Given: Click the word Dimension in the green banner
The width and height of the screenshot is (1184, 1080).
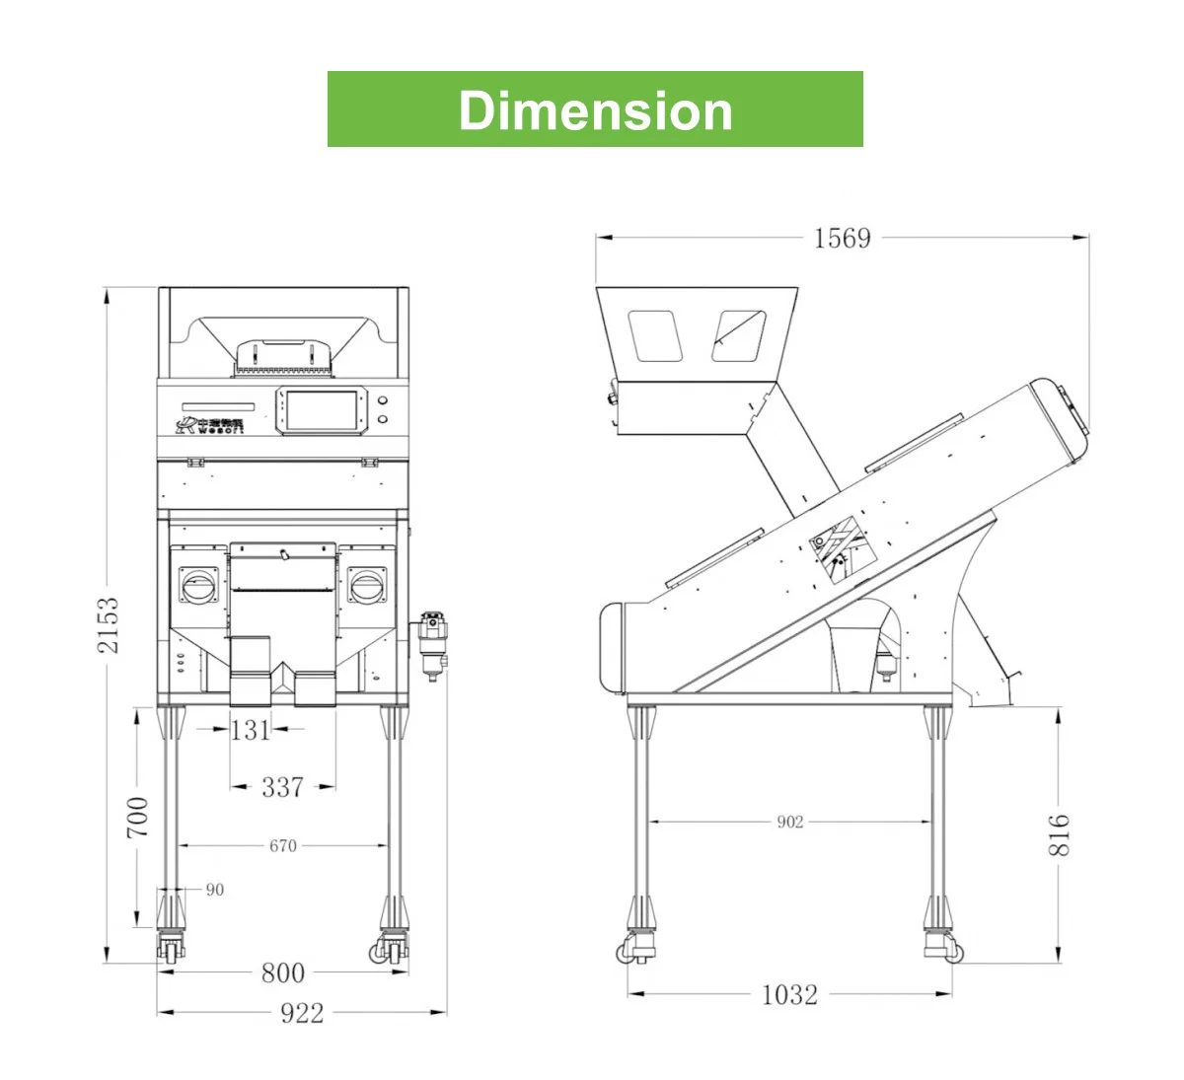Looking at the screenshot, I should click(595, 110).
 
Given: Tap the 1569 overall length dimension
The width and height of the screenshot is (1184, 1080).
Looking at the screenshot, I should click(842, 238).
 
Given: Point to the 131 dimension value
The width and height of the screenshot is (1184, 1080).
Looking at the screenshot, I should click(250, 730).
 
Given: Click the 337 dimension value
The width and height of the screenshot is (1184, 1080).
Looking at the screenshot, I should click(282, 787).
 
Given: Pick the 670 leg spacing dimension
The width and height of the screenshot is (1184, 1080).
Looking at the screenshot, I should click(282, 845).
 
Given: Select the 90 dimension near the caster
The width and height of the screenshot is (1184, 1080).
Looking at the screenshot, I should click(214, 890).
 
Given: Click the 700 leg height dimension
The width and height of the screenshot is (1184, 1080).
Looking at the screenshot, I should click(138, 817).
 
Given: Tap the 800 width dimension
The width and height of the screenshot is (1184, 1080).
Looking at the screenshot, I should click(282, 972).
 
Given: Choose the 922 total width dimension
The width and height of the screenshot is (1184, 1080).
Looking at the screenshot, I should click(301, 1013).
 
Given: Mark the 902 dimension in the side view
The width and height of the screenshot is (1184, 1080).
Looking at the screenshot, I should click(789, 822).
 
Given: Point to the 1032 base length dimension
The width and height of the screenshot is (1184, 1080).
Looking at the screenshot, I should click(789, 994).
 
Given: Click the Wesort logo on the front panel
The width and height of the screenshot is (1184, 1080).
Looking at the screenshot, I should click(209, 425).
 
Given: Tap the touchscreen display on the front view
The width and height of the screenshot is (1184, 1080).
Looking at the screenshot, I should click(321, 411).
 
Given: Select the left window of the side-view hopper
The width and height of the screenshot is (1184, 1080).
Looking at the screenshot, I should click(655, 335).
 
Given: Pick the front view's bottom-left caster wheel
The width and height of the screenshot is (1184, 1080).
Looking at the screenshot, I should click(169, 951).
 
